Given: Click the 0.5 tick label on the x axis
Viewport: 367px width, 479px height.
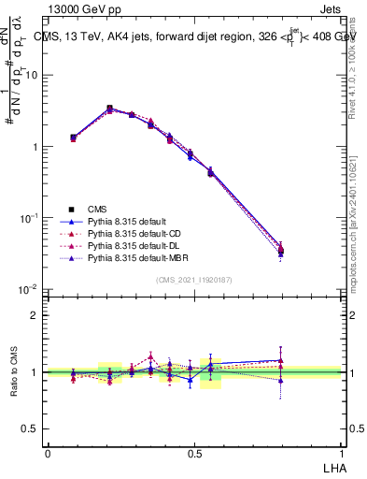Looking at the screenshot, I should pos(194,452).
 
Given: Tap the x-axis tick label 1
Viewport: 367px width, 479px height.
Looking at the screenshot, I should pos(341,452).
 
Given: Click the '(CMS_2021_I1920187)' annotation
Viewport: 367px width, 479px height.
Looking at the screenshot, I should pos(194,280).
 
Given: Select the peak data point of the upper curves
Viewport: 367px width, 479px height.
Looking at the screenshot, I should pos(109,109).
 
